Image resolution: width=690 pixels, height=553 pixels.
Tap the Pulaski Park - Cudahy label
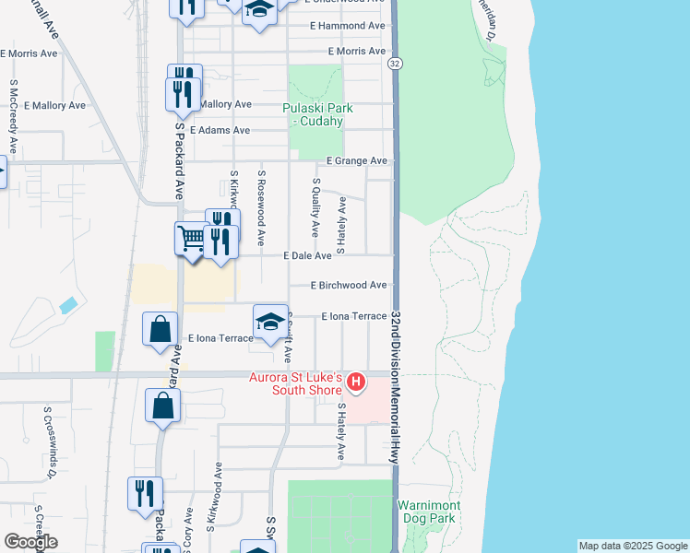coord(313,114)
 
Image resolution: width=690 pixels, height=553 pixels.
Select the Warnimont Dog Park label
coord(426,512)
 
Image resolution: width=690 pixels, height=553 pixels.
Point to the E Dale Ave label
coord(307,255)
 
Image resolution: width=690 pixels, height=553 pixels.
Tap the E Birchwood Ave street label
coord(349,286)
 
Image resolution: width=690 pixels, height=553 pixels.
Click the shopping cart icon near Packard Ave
coord(191,239)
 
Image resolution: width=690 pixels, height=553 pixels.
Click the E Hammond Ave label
coord(348,26)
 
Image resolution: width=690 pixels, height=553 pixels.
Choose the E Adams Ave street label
coord(220,131)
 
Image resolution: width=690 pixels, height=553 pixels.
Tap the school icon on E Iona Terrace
coord(270,322)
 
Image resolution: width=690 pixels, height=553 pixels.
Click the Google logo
coord(30,542)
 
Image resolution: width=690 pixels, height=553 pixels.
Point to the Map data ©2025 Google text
coord(632,546)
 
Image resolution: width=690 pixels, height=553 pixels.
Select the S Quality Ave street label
coord(316,206)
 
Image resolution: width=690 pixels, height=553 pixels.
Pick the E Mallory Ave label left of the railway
coord(54,106)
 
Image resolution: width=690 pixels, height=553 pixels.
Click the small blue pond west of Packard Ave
coord(67,304)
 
